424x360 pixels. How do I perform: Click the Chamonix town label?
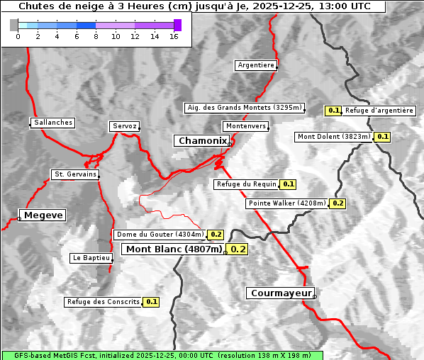coord(203,141)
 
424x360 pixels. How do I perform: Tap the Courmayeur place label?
coord(280,293)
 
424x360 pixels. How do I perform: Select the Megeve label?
coord(43,215)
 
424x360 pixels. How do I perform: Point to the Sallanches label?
coord(53,123)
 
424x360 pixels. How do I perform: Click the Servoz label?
coord(125,126)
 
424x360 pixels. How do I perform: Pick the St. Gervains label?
coord(74,174)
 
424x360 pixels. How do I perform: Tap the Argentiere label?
coord(256,65)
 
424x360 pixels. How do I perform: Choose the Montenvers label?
coord(246,126)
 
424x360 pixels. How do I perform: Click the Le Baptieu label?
coord(91,258)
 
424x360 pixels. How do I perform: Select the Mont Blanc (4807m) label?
coord(174,249)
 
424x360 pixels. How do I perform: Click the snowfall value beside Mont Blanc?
coord(238,249)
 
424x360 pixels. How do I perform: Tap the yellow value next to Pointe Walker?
coord(337,203)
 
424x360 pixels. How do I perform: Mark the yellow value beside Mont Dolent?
coord(383,136)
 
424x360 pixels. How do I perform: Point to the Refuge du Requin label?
coord(246,184)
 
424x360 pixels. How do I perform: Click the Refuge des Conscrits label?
coord(104,302)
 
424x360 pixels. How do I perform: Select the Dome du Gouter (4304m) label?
coord(160,235)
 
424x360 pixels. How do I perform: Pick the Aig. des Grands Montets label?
coord(245,108)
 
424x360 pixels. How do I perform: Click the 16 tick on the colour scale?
coord(174,37)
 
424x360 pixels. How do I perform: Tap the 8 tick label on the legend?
coord(96,37)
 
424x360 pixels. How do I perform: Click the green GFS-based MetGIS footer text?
coord(162,355)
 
